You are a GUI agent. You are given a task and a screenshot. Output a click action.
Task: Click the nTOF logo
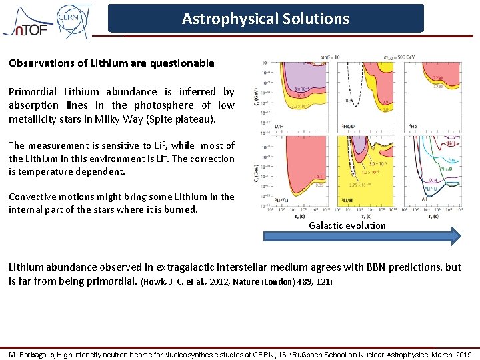(x=27, y=27)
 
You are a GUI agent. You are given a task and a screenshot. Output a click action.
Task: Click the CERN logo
(x=73, y=21)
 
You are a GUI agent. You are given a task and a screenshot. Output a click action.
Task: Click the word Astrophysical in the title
(x=224, y=19)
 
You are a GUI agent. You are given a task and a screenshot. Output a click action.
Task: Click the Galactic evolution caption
(x=347, y=225)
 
